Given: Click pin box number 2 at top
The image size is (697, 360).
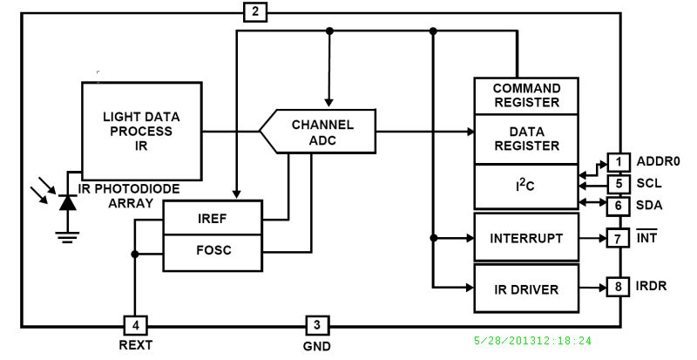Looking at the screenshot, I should tap(254, 12).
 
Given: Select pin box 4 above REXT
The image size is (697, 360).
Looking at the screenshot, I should tap(135, 325).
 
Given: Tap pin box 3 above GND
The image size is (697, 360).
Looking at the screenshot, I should tap(316, 325).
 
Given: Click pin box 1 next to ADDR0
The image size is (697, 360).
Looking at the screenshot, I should tap(618, 162).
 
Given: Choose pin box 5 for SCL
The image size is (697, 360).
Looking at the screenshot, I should tap(618, 184).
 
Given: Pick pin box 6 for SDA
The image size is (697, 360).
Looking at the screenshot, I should tap(618, 206).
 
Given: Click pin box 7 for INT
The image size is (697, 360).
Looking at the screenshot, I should tap(618, 238).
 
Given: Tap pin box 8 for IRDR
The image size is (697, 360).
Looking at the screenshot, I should tap(618, 287).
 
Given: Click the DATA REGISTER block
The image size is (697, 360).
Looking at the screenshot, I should tap(526, 139).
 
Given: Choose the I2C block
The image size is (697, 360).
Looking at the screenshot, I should tap(526, 186).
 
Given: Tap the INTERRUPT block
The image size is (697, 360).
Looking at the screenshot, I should tap(526, 238).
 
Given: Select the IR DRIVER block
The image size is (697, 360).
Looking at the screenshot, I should tap(526, 288).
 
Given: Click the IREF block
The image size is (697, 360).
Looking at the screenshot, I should tap(213, 218).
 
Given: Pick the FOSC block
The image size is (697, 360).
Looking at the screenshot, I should tap(213, 251).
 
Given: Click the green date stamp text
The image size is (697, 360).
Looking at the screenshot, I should tap(531, 342).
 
